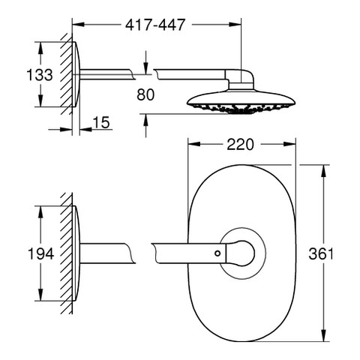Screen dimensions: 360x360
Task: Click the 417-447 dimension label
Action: coord(155,25)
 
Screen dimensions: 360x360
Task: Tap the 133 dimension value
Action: coord(40,75)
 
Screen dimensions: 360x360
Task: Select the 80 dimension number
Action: coord(145,94)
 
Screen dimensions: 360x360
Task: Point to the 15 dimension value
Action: coord(101,122)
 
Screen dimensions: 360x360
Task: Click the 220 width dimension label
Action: coord(240,145)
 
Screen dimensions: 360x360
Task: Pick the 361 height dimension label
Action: coord(321,253)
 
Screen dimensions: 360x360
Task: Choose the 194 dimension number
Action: coord(40,253)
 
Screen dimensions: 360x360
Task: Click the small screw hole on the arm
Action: coord(217,253)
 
